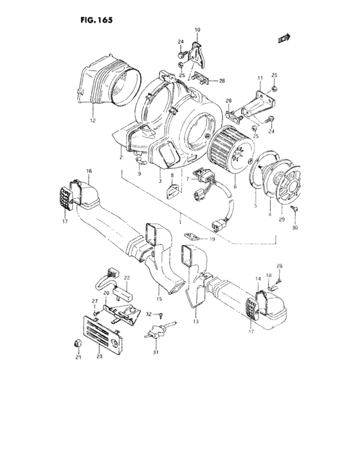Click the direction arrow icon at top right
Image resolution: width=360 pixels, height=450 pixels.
point(281,40)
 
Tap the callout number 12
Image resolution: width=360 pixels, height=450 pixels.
point(93,120)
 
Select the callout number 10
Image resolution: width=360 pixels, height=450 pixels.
point(197,30)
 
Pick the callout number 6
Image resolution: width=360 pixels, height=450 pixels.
point(235,186)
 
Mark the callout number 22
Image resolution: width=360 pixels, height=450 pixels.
point(127,278)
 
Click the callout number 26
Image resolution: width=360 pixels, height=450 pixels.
point(280,265)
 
